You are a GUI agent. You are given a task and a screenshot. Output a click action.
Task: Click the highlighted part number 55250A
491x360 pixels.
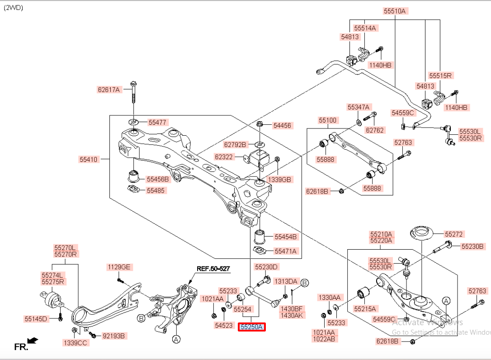252,327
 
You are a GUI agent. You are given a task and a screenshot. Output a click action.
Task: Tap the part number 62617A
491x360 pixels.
109,90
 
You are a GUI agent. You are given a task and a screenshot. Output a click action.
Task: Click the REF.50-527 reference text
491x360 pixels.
213,269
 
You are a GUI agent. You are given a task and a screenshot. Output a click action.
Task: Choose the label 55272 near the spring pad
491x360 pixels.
453,234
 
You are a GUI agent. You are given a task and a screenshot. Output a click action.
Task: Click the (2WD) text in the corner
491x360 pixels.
14,8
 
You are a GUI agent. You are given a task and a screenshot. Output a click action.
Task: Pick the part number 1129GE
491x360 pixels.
119,267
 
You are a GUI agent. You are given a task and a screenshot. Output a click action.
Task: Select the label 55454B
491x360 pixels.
286,237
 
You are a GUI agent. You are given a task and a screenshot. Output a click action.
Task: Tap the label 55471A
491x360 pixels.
286,251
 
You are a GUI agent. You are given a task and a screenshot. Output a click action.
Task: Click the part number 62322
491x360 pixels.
224,157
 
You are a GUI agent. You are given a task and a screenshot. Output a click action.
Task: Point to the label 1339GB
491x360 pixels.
279,180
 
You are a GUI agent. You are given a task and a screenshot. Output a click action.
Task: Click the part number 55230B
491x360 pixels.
472,246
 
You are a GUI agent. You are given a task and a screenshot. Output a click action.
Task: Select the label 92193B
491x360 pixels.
113,336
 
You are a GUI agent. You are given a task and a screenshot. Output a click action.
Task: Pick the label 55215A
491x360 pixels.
365,309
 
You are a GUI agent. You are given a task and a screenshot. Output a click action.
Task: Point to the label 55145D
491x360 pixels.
36,319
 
